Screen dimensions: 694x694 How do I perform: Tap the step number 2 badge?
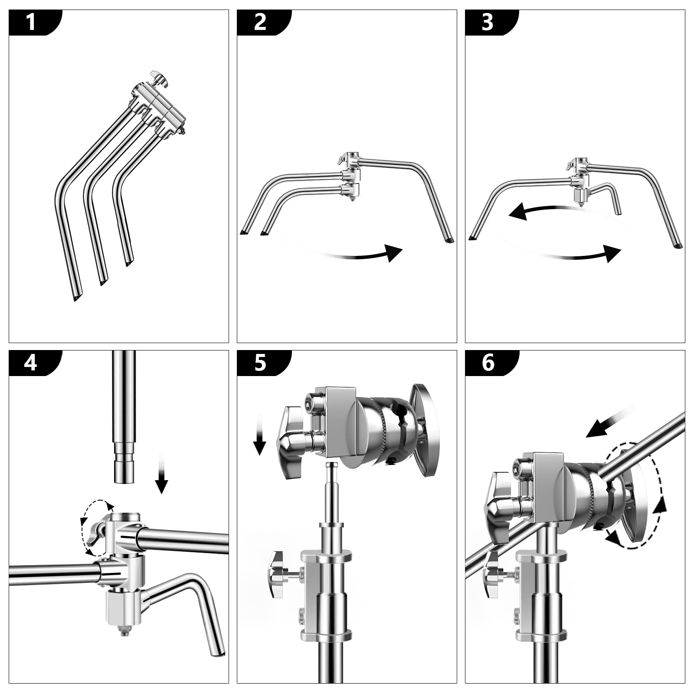[x=260, y=22]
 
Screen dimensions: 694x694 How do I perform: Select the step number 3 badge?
[x=488, y=22]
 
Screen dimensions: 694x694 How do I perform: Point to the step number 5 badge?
[x=260, y=363]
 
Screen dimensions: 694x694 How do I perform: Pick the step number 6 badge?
[x=488, y=363]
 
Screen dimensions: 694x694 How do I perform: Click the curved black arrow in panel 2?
[x=369, y=255]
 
